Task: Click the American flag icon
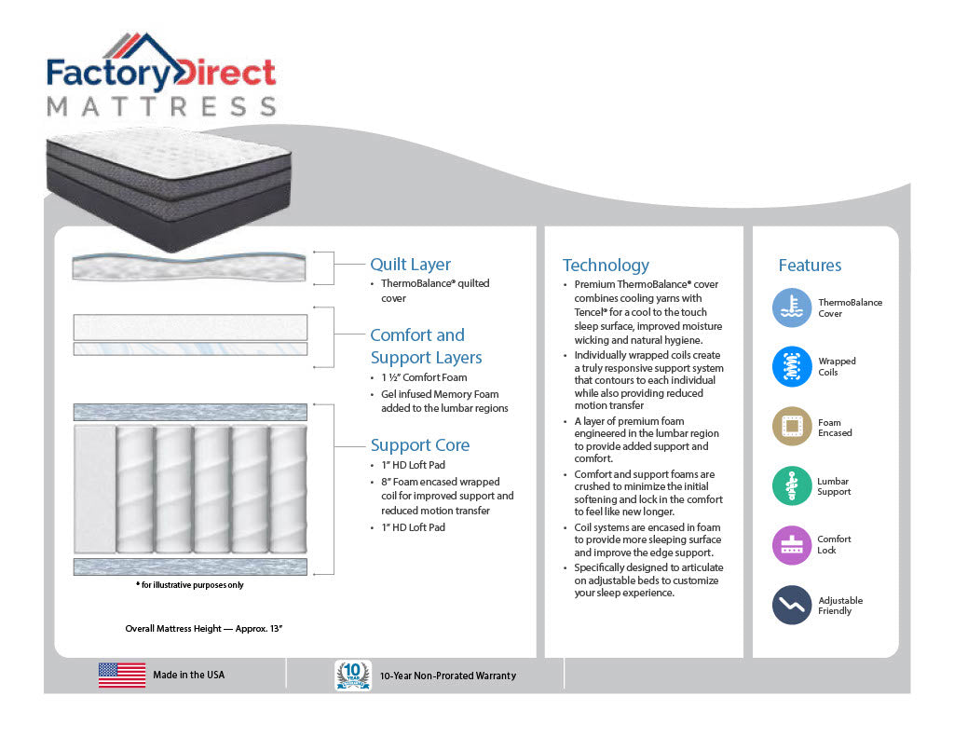tap(122, 675)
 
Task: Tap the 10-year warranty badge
tap(353, 676)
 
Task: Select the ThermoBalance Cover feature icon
tap(792, 307)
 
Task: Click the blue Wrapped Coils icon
tap(792, 366)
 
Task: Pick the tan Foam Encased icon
tap(792, 426)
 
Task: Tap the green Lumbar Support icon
tap(792, 485)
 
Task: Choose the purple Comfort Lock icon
tap(792, 545)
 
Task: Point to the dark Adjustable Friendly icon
tap(792, 605)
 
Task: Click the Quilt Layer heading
tap(410, 265)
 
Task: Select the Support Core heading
tap(420, 444)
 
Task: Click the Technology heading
tap(606, 266)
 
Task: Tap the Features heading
tap(810, 266)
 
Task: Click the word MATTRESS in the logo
tap(162, 106)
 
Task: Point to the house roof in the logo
tap(143, 48)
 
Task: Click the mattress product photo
tap(169, 188)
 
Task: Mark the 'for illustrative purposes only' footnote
tap(190, 585)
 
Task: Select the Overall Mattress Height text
tap(204, 629)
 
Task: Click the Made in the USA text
tap(188, 675)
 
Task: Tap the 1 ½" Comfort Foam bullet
tap(424, 377)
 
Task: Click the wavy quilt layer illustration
tap(189, 267)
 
